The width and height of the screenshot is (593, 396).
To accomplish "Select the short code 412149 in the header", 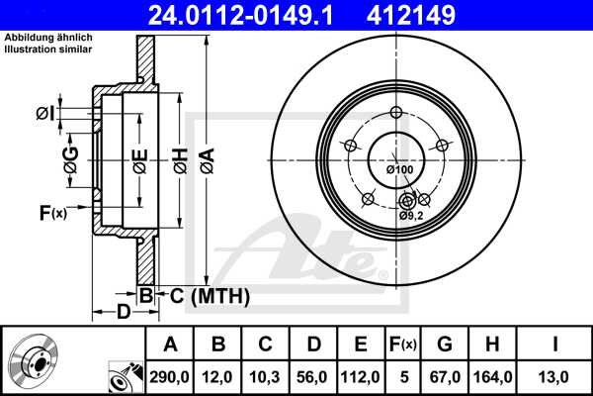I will click(x=441, y=15).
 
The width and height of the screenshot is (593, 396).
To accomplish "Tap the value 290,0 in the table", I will click(x=171, y=376).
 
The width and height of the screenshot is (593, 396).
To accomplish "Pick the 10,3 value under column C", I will click(x=266, y=376).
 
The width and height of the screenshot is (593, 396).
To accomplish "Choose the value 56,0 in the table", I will click(x=313, y=376).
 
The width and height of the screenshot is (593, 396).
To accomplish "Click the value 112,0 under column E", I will click(x=361, y=376).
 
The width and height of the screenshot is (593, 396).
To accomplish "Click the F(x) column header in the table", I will click(x=402, y=345).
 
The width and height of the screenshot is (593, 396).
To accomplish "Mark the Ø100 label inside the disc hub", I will click(x=399, y=170).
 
